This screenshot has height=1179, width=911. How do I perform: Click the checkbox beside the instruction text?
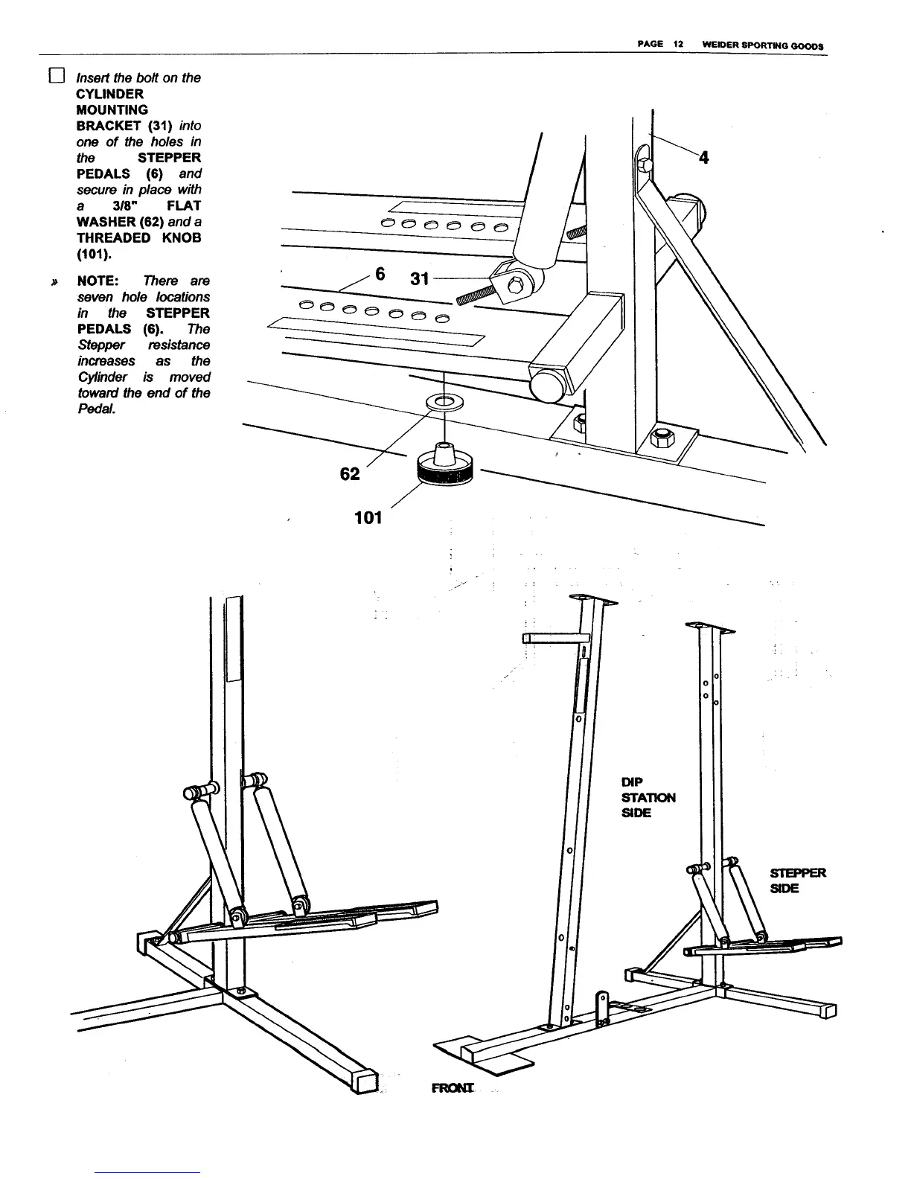click(57, 77)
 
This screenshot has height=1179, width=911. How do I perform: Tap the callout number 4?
click(704, 157)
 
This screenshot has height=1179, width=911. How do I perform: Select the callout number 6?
click(380, 275)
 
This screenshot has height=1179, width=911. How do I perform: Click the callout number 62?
click(349, 473)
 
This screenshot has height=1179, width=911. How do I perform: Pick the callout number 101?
click(368, 517)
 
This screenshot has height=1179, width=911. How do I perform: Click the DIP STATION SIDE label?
click(648, 797)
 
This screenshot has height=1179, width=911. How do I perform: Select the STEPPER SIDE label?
click(797, 881)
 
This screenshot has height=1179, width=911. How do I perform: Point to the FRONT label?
click(453, 1088)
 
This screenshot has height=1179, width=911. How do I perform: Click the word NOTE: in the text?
click(99, 281)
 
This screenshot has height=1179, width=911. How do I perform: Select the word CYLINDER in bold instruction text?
click(110, 94)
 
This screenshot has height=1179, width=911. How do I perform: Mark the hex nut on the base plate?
click(660, 437)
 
